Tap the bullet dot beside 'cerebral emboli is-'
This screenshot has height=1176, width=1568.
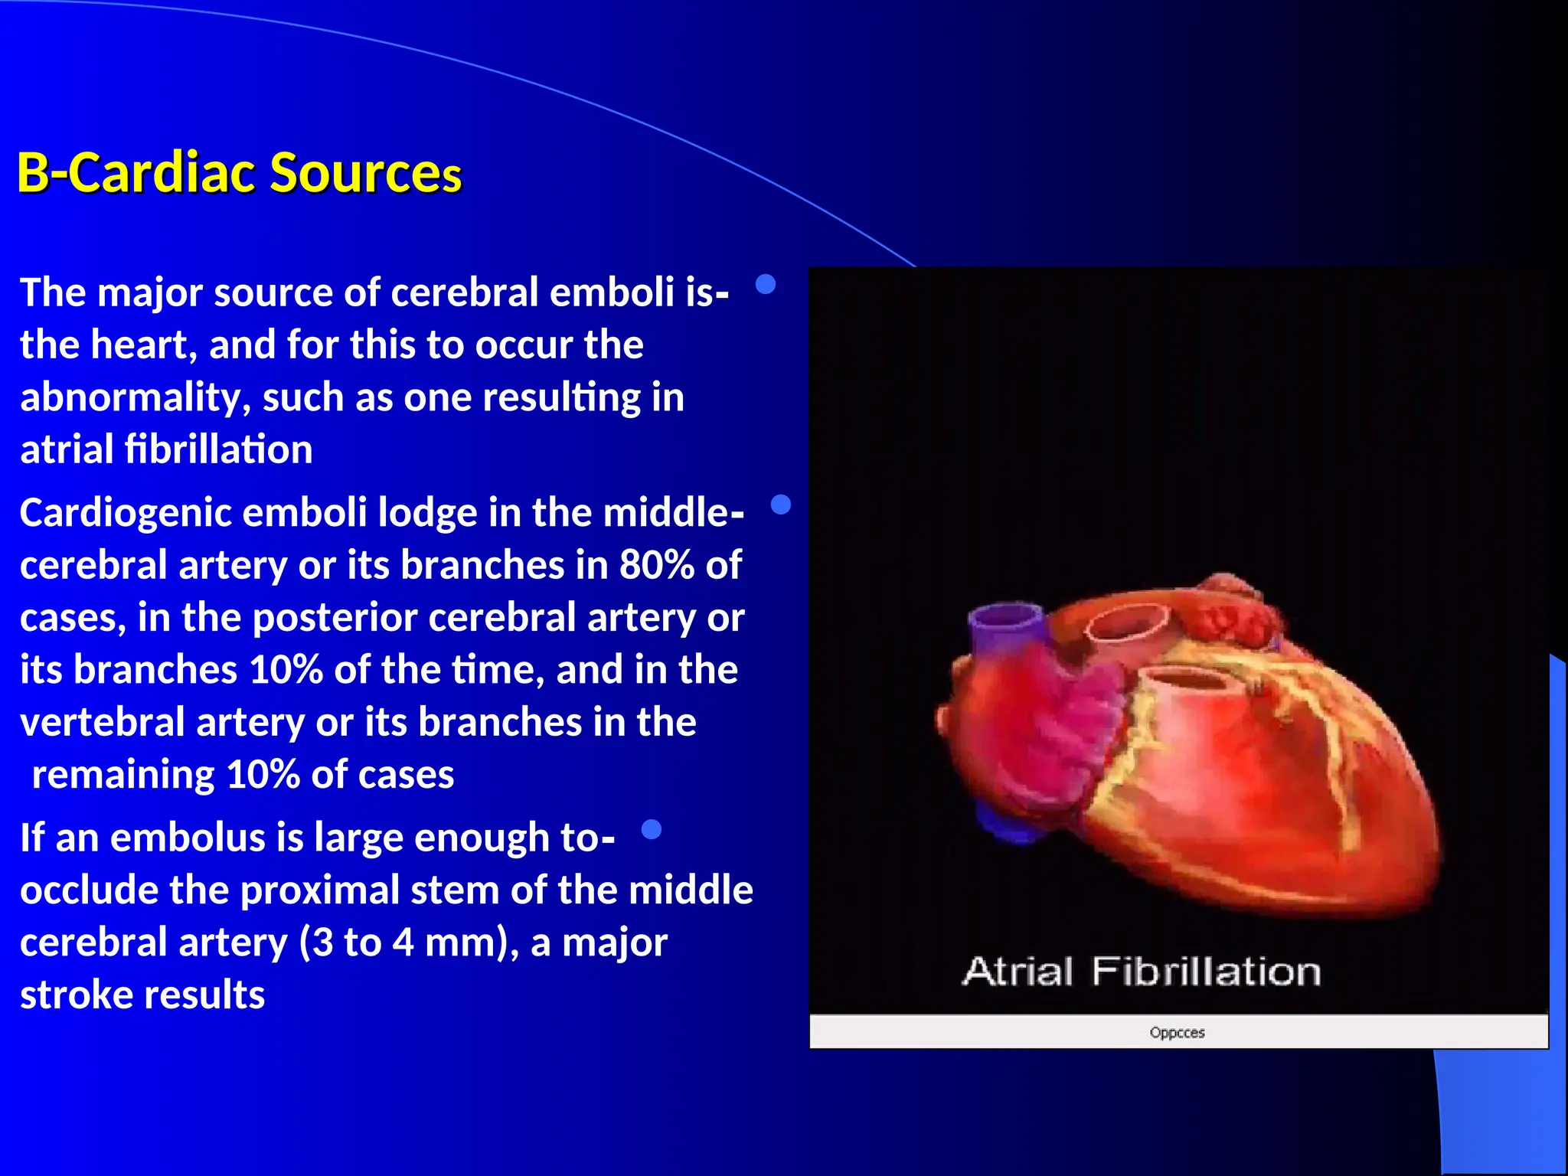pyautogui.click(x=766, y=285)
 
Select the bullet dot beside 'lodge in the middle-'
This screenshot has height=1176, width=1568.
pyautogui.click(x=780, y=505)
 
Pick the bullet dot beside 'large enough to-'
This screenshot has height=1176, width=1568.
pyautogui.click(x=651, y=829)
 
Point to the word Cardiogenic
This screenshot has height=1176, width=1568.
pyautogui.click(x=125, y=514)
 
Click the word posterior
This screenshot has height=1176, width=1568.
pyautogui.click(x=334, y=618)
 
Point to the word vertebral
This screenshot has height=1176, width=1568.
pyautogui.click(x=102, y=723)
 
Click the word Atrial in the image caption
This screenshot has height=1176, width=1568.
pyautogui.click(x=1018, y=972)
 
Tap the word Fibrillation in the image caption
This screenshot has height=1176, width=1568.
pyautogui.click(x=1206, y=972)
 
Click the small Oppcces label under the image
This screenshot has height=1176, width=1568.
pyautogui.click(x=1177, y=1033)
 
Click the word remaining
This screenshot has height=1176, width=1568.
pyautogui.click(x=122, y=776)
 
